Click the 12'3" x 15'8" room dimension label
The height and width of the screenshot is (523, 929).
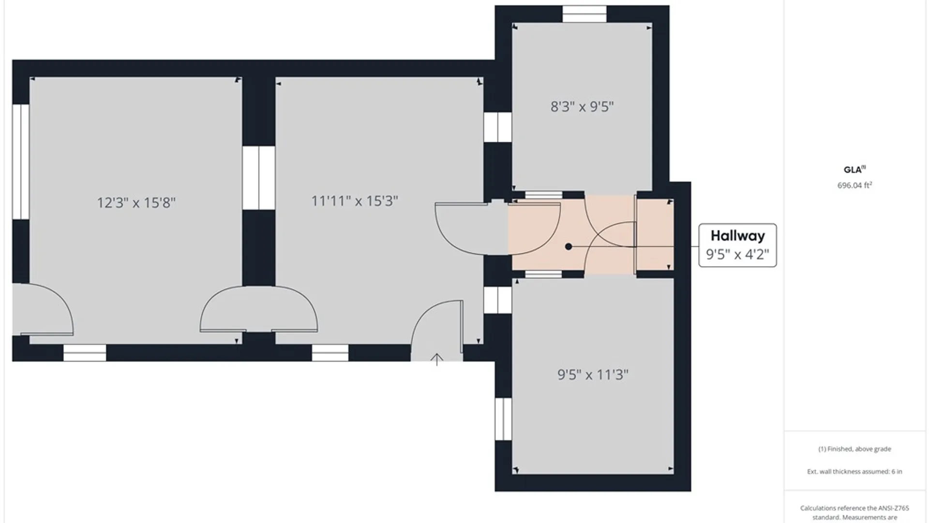pos(136,202)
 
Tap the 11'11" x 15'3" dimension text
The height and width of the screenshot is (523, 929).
pos(355,201)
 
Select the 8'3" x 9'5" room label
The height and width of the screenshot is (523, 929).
pos(582,107)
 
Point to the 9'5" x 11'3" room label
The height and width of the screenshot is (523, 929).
pos(593,375)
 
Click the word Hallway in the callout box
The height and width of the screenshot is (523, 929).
pos(738,236)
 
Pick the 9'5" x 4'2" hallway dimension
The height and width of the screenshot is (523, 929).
pos(737,254)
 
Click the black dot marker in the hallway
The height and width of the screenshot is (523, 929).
pos(569,246)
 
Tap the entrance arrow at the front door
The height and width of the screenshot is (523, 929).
pos(437,359)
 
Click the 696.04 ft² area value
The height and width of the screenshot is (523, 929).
pos(854,185)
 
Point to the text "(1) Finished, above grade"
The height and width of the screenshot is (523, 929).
pos(854,449)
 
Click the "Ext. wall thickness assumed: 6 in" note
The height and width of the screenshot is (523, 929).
pos(854,471)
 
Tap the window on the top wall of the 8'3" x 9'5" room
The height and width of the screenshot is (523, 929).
pos(584,14)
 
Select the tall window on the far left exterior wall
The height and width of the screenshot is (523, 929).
pos(21,162)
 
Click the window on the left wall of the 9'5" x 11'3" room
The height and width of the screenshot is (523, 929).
pos(503,419)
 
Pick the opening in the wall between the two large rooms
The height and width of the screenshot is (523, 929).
pos(259,178)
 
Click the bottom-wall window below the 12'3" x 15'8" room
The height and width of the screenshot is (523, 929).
pos(85,353)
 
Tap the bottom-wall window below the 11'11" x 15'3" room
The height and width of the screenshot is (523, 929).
pos(330,353)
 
